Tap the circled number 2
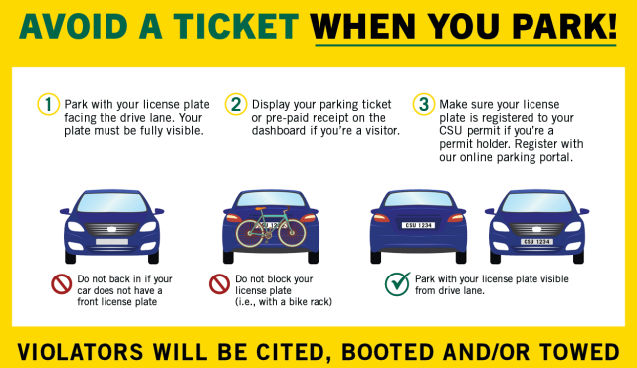(236, 104)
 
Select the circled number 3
(423, 104)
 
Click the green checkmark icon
(397, 284)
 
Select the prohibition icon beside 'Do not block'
(220, 284)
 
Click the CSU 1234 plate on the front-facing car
(537, 242)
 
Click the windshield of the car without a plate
(110, 205)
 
